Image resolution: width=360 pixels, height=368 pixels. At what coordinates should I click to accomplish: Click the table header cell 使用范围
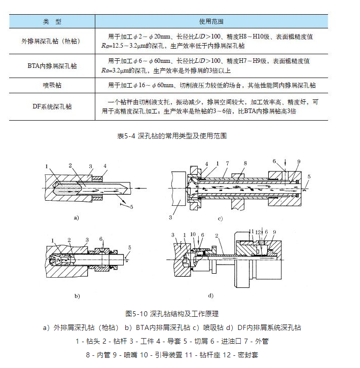point(211,22)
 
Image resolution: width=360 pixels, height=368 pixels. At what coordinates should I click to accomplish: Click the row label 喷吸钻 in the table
point(53,85)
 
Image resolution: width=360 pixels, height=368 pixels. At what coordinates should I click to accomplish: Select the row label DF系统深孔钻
point(53,106)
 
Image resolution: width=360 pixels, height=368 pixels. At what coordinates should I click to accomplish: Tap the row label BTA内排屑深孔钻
point(53,66)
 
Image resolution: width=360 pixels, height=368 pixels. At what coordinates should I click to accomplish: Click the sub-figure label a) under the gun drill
point(77,218)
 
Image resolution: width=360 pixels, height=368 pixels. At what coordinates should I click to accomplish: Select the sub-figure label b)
point(77,295)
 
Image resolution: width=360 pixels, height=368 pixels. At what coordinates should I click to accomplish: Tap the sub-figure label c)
point(220,219)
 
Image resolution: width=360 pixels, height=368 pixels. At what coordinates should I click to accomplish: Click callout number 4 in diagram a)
point(105,166)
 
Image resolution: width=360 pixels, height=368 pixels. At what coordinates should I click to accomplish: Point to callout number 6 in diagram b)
point(101,238)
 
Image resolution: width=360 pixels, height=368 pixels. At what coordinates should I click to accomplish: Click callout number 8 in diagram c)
point(245,163)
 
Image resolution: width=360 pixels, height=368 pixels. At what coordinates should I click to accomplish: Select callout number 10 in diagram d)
point(194,235)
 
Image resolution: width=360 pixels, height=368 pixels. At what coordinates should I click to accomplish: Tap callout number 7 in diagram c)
point(229,163)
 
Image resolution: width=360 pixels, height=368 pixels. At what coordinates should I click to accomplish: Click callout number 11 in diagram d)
point(251,232)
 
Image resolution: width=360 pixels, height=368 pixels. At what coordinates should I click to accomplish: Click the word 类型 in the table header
point(52,22)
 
